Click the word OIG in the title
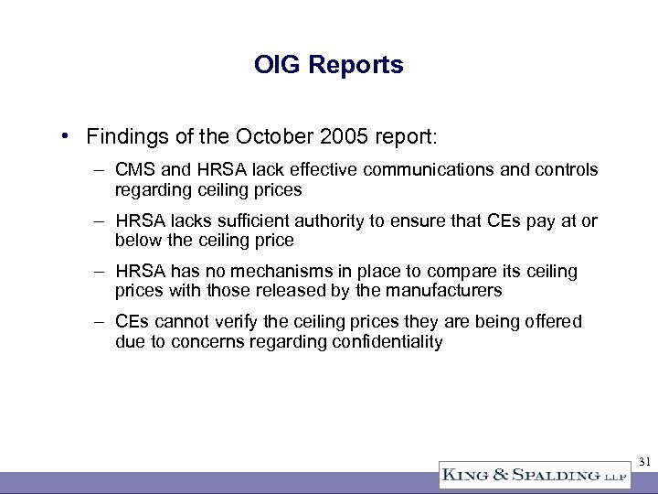pyautogui.click(x=275, y=66)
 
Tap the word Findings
pyautogui.click(x=123, y=136)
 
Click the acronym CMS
pyautogui.click(x=134, y=170)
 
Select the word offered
pyautogui.click(x=552, y=322)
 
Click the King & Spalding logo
pyautogui.click(x=522, y=475)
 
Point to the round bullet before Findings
pyautogui.click(x=69, y=136)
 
